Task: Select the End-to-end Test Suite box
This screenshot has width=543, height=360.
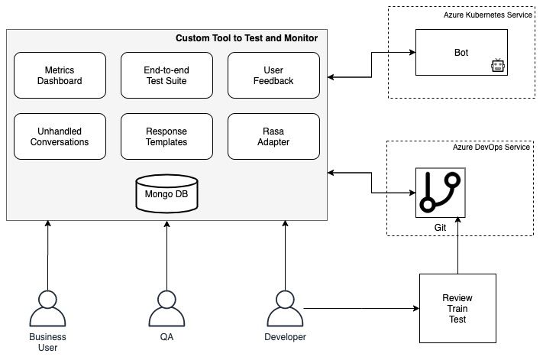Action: click(x=166, y=75)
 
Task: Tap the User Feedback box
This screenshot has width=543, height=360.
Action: click(x=273, y=75)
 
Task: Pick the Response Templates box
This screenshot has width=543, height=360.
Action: click(x=166, y=136)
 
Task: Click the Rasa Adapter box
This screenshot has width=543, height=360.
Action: click(x=273, y=136)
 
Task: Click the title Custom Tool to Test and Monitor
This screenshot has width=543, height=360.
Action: click(x=246, y=38)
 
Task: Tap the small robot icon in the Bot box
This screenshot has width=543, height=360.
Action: click(x=499, y=66)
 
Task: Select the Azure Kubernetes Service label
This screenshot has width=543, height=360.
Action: click(x=489, y=15)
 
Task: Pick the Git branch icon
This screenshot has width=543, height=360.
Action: click(x=440, y=192)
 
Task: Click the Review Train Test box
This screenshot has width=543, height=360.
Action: click(x=457, y=307)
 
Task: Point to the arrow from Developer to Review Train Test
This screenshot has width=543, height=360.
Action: click(x=359, y=309)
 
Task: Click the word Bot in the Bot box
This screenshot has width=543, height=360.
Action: click(x=461, y=53)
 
